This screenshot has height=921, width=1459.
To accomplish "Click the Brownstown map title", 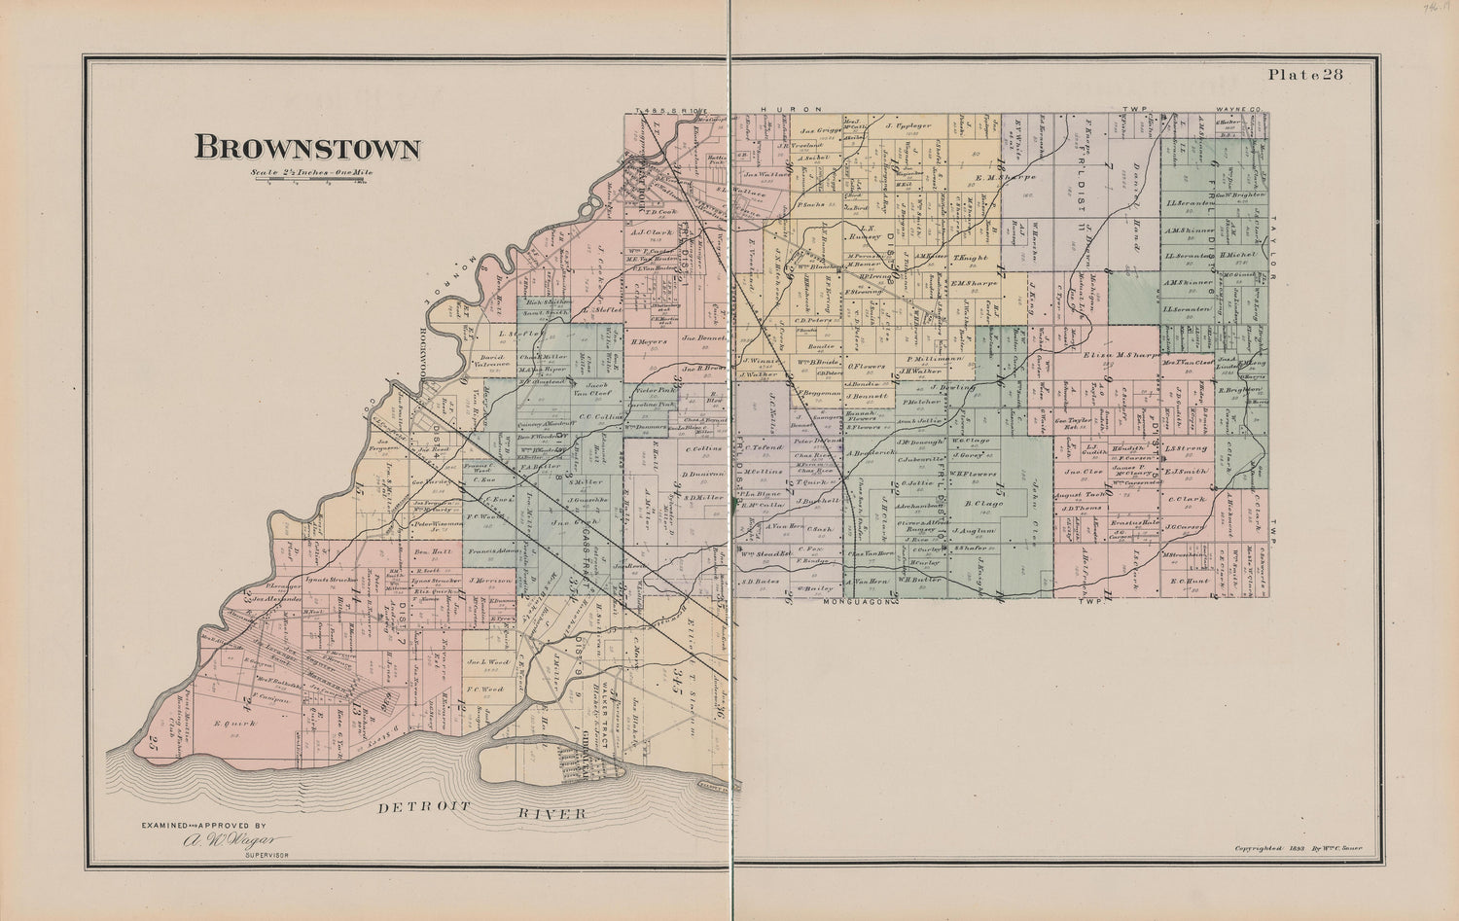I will point(307,148).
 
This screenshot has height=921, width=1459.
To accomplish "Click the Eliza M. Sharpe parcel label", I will point(1112,355).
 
